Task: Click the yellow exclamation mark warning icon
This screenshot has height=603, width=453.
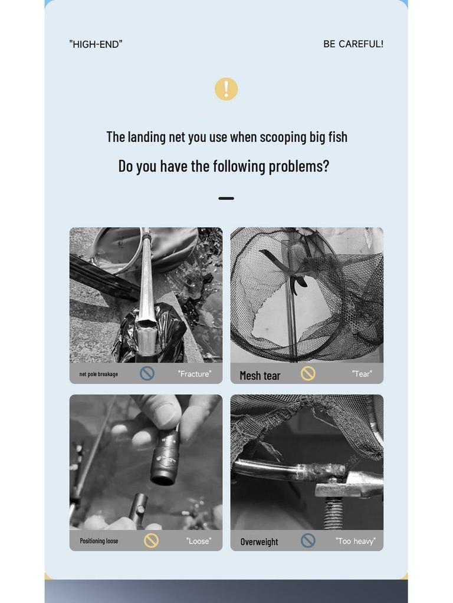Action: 226,90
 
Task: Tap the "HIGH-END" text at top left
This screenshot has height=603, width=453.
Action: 96,44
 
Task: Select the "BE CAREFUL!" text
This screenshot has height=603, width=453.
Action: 353,44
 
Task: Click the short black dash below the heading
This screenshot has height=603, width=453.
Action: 226,198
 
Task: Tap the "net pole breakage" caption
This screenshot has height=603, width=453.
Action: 99,374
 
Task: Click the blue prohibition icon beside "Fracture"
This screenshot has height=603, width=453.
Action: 147,373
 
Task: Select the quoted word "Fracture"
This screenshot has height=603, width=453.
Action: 195,374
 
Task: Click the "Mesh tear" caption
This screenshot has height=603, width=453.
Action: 260,376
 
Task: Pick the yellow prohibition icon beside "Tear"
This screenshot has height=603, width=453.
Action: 308,373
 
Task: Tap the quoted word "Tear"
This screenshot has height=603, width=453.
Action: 362,374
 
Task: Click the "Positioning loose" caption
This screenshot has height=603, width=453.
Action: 99,541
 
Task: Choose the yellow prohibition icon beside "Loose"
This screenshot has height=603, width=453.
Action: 152,541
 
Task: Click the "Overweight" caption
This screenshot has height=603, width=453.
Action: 260,542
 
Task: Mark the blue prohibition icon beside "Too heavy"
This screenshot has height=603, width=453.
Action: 308,541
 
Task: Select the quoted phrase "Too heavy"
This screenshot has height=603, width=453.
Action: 356,541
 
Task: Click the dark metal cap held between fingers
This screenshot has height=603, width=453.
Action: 166,457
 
